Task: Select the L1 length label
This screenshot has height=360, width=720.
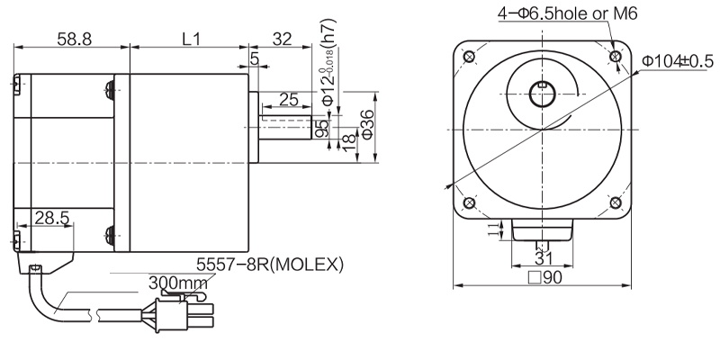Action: click(x=190, y=40)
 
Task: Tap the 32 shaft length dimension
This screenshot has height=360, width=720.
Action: click(x=280, y=40)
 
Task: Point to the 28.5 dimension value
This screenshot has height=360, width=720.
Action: click(x=50, y=219)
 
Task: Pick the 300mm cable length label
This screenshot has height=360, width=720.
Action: click(x=176, y=283)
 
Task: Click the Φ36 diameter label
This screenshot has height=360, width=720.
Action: click(x=366, y=125)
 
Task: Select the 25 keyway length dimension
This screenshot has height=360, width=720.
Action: click(x=289, y=99)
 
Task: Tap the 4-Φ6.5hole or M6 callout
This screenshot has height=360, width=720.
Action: click(x=565, y=13)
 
